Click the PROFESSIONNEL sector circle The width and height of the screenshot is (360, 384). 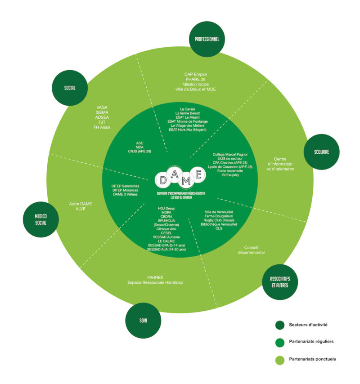coord(207,39)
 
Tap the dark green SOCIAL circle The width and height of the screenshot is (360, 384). coord(70,88)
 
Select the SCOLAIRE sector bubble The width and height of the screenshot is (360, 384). coord(322,152)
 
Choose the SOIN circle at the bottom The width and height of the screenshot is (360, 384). coord(143,321)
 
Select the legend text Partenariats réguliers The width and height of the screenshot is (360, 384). coord(311,342)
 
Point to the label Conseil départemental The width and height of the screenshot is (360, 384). coord(251,250)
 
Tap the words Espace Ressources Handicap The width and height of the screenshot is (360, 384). coord(155,282)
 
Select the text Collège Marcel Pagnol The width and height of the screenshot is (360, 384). coord(230,154)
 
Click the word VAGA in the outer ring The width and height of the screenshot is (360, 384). coord(102,107)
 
